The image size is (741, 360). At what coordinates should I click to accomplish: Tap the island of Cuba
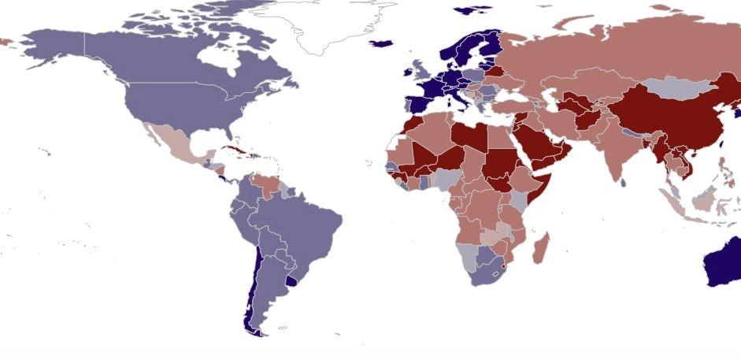pyautogui.click(x=235, y=149)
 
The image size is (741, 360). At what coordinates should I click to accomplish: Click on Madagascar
pyautogui.click(x=541, y=248)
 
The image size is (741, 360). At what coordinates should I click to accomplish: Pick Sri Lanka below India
pyautogui.click(x=623, y=183)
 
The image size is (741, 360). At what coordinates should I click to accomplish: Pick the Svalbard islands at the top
pyautogui.click(x=474, y=9)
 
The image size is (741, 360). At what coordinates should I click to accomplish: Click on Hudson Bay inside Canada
pyautogui.click(x=216, y=55)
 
